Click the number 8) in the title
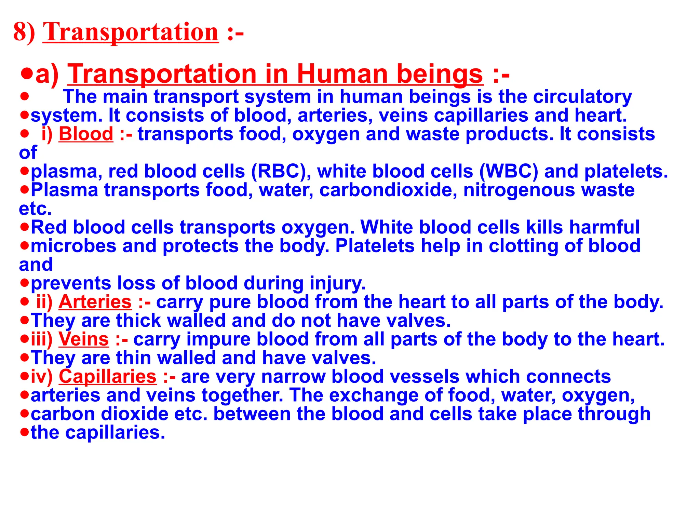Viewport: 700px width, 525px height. [24, 32]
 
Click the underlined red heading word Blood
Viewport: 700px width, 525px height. [86, 134]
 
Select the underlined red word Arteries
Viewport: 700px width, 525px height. [95, 302]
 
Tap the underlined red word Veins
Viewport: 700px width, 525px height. [84, 339]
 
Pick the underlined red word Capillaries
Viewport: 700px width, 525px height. [108, 377]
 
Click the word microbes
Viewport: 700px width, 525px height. [73, 246]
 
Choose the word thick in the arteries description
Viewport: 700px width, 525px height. [138, 321]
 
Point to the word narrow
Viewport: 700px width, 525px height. [293, 377]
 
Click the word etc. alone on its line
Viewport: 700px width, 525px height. [35, 209]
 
